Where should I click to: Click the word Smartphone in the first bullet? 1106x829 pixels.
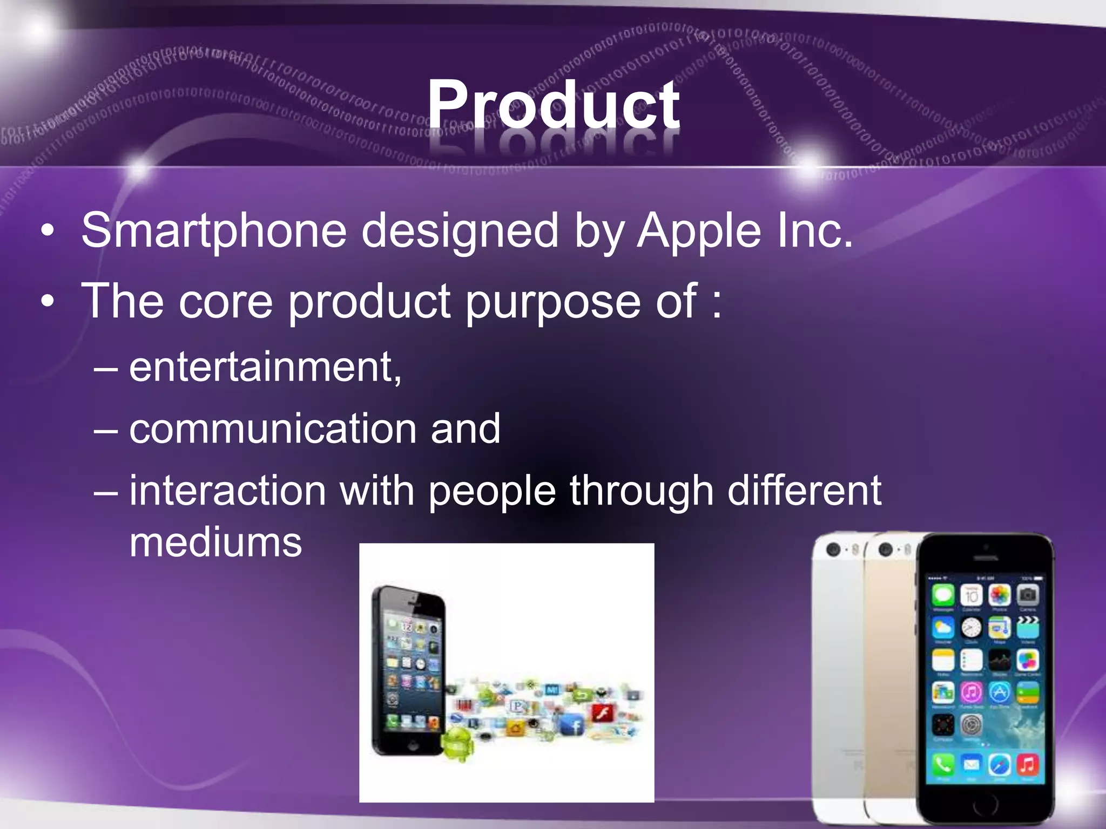tap(213, 231)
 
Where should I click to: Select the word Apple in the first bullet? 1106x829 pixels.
tap(699, 231)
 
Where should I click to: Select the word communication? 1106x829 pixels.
tap(273, 429)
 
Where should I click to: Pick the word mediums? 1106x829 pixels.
tap(215, 542)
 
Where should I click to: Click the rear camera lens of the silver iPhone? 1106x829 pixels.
tap(834, 550)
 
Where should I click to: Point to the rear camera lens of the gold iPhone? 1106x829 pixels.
tap(886, 550)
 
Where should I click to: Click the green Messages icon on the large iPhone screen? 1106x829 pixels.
tap(943, 595)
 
